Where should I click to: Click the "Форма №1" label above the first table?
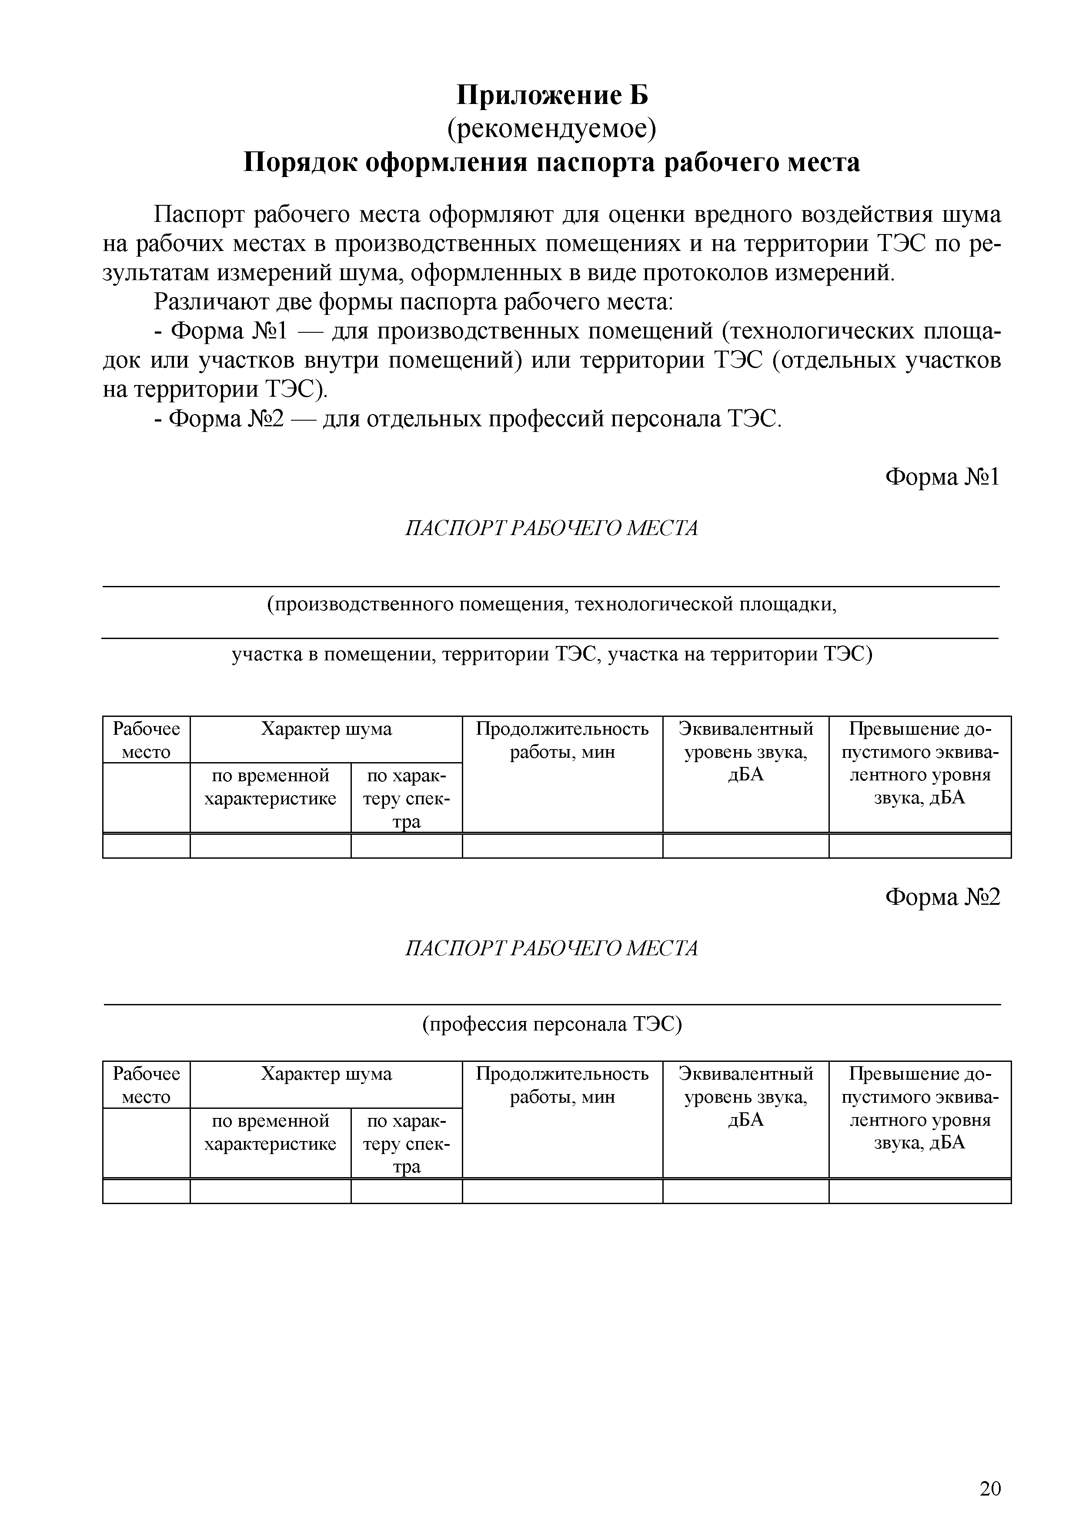click(942, 477)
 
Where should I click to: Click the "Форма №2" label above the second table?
click(942, 898)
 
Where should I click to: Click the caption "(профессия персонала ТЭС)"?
click(552, 1024)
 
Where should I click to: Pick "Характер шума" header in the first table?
click(326, 729)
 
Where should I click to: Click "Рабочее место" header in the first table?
click(146, 740)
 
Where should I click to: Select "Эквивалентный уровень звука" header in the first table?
click(745, 752)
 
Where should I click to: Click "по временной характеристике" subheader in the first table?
click(271, 787)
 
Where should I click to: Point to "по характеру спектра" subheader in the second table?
click(407, 1143)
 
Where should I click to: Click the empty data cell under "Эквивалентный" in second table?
click(745, 1191)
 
